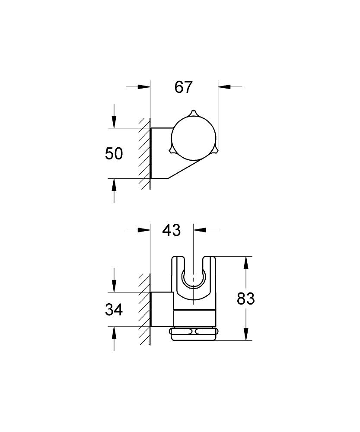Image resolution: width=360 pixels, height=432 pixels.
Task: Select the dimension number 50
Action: pyautogui.click(x=114, y=153)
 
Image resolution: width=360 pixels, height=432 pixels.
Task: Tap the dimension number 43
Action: pyautogui.click(x=171, y=230)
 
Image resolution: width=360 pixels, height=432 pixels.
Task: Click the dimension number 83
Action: pyautogui.click(x=246, y=299)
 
